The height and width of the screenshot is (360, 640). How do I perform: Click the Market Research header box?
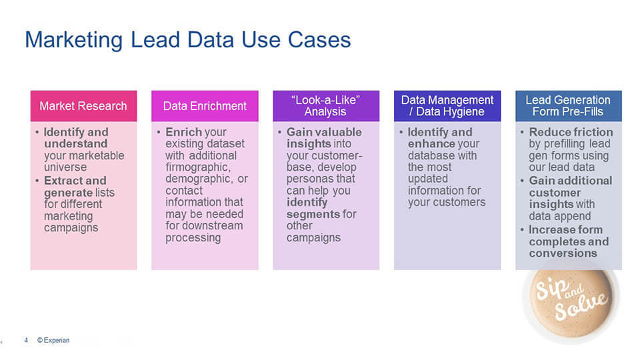click(83, 106)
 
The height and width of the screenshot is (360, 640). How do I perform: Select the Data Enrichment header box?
click(205, 106)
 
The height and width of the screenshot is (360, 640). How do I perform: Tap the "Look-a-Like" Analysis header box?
click(326, 106)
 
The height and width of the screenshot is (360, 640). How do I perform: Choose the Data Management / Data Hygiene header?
click(447, 106)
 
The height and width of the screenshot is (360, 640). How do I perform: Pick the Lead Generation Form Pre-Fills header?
click(568, 106)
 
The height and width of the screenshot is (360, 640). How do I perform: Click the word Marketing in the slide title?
click(73, 40)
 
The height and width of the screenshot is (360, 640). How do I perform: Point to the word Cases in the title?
click(319, 40)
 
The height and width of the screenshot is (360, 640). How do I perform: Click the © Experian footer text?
click(53, 340)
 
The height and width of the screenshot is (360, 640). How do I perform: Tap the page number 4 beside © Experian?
click(26, 340)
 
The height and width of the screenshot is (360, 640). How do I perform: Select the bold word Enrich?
click(183, 132)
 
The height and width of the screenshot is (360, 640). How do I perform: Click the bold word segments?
click(313, 214)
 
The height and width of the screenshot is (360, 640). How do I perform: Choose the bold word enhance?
click(431, 144)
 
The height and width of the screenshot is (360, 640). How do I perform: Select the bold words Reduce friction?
click(571, 132)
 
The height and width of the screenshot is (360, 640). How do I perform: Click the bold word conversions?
click(563, 253)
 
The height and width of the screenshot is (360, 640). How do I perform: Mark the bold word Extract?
click(63, 181)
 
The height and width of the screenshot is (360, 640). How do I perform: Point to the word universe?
click(65, 167)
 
